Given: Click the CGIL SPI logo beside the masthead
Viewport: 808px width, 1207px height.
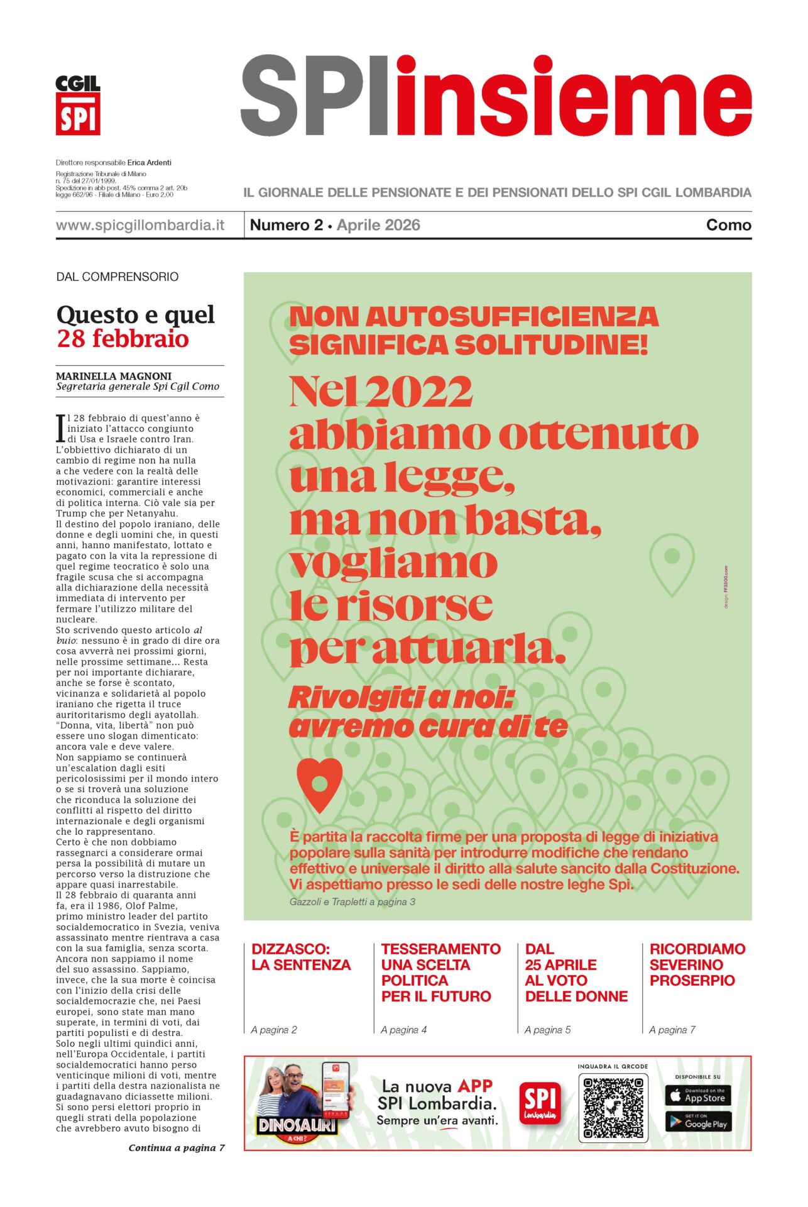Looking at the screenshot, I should (x=78, y=105).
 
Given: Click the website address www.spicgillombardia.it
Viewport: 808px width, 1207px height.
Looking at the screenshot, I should (x=140, y=225).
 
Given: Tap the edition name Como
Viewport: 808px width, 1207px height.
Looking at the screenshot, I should (x=728, y=225).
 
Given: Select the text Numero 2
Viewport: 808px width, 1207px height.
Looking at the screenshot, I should (x=287, y=225).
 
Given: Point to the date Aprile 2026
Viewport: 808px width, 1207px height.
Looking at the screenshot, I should (x=378, y=225).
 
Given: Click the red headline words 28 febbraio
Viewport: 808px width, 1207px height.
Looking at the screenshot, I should (x=123, y=339).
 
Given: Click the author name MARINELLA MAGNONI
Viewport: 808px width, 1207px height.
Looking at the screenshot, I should (x=114, y=376).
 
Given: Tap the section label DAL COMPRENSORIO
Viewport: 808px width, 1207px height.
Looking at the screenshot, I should (x=117, y=277).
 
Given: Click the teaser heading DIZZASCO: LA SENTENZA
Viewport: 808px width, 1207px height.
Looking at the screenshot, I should (x=301, y=957).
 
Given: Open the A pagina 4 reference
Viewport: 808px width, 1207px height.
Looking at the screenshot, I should (x=403, y=1030).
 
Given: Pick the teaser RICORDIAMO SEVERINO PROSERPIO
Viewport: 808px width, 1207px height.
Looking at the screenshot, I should (x=697, y=964).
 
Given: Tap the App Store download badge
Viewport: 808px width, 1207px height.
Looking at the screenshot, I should (x=697, y=1096).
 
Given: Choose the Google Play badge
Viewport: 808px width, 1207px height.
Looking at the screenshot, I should (x=697, y=1122).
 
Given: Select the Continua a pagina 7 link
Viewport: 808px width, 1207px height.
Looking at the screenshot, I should (x=177, y=1148).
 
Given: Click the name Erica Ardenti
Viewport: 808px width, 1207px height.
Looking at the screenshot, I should (x=150, y=162).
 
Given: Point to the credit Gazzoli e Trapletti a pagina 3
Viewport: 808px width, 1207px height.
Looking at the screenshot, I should (x=352, y=901).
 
